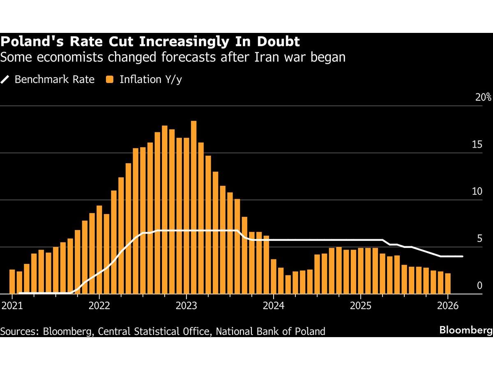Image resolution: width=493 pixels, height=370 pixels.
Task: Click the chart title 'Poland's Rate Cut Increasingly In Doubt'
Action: (150, 42)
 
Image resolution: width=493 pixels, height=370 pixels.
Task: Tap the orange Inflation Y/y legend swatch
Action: (110, 79)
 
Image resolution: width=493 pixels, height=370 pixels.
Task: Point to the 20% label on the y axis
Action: (483, 97)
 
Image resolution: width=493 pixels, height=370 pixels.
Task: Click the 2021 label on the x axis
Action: (12, 306)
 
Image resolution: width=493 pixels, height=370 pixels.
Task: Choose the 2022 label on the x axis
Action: (99, 306)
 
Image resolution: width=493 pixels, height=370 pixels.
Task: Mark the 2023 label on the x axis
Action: (186, 306)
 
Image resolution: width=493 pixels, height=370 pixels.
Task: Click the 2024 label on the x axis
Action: (273, 306)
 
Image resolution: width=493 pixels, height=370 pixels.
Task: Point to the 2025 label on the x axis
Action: (360, 306)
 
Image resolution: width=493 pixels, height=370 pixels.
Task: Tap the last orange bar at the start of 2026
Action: (447, 284)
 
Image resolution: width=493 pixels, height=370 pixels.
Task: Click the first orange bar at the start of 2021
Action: (12, 282)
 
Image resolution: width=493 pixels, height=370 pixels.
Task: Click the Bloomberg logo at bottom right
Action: (466, 330)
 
